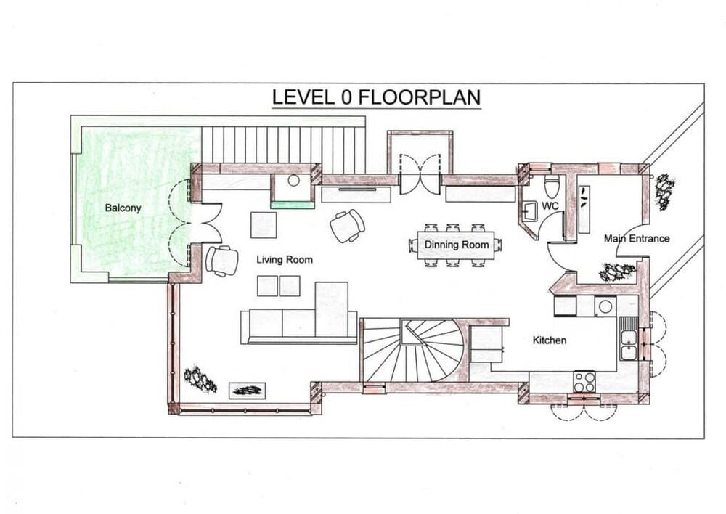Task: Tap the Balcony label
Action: click(123, 208)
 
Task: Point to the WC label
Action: click(550, 206)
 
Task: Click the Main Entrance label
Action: click(637, 238)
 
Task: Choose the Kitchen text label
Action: click(550, 340)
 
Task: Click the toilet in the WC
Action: click(551, 187)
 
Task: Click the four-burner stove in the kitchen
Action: click(584, 381)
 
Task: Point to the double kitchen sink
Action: click(628, 344)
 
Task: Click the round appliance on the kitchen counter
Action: click(605, 306)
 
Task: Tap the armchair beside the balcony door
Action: click(221, 261)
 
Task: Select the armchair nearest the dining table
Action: click(347, 225)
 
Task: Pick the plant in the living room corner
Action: click(200, 379)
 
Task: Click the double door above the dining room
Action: click(420, 174)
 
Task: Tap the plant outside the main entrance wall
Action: click(663, 192)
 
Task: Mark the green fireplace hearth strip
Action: click(293, 205)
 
